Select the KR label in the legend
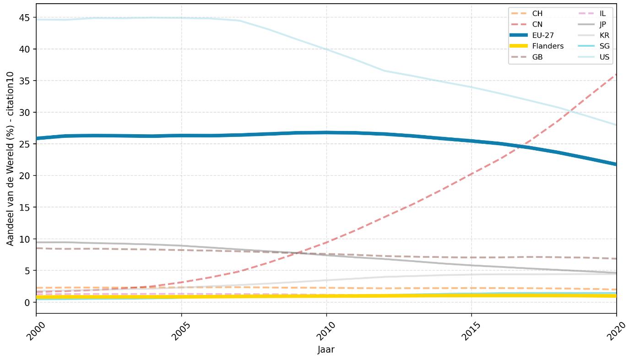point(604,35)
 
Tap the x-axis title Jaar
point(326,349)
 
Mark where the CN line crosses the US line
point(572,111)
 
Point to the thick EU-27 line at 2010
point(326,132)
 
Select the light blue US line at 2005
point(181,18)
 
